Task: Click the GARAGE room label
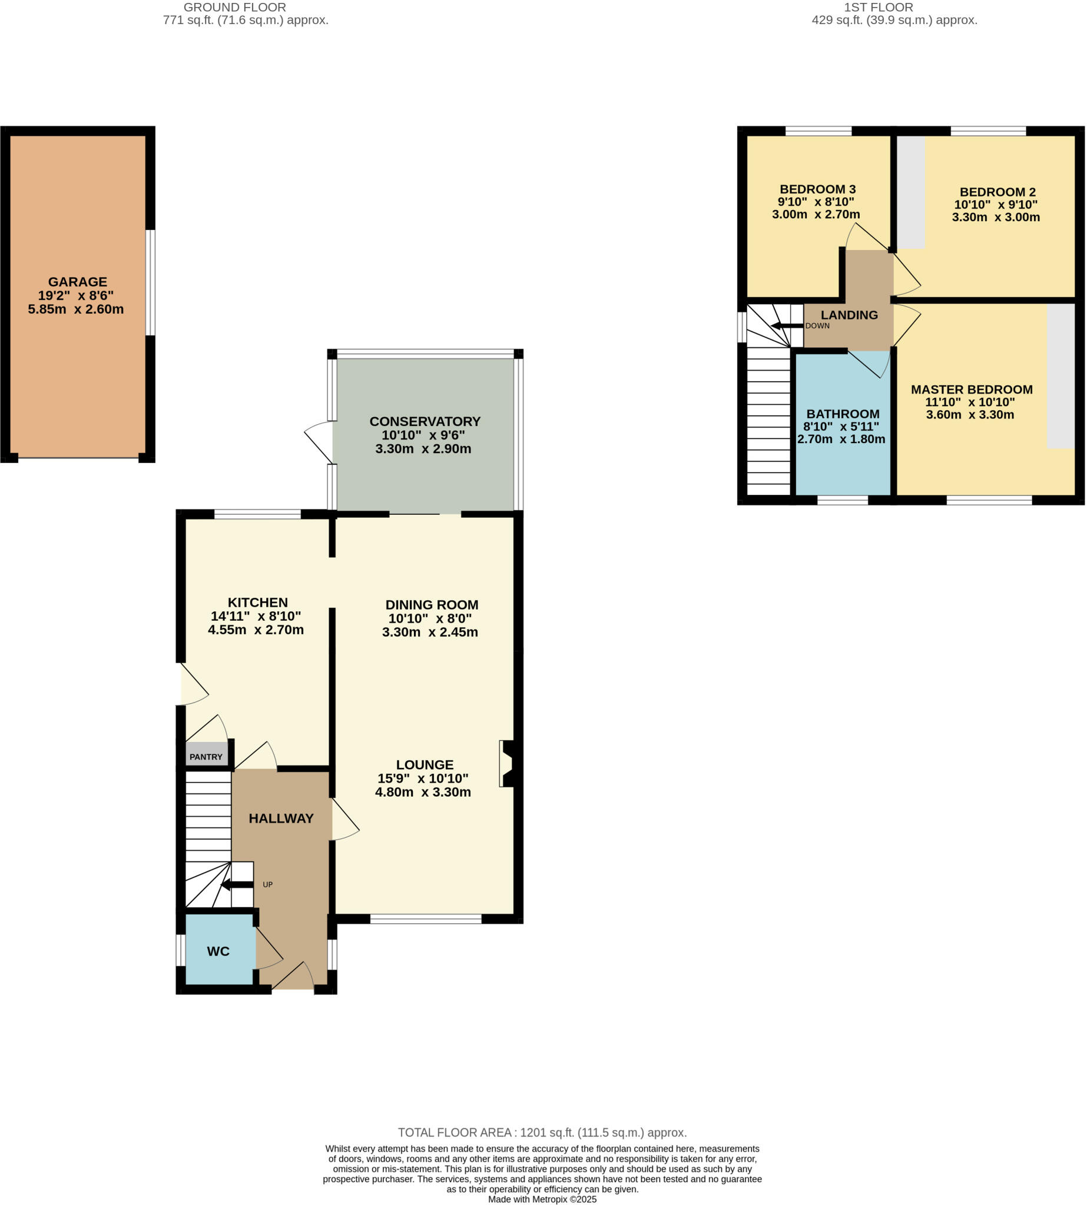coord(78,282)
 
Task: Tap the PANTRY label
coord(206,757)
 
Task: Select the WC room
coord(218,951)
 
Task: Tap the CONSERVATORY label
coord(425,421)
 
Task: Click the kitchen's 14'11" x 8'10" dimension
coord(256,616)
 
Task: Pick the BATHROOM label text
coord(843,414)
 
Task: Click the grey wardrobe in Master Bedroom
coord(1061,376)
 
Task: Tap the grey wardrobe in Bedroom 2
coord(912,192)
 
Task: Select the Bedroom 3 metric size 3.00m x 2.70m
coord(816,214)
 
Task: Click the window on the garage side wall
coord(151,282)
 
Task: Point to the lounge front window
coord(426,919)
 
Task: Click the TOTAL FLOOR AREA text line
coord(542,1133)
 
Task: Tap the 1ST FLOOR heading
coord(878,8)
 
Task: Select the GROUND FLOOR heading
coord(235,8)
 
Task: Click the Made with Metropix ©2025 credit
coord(542,1199)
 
